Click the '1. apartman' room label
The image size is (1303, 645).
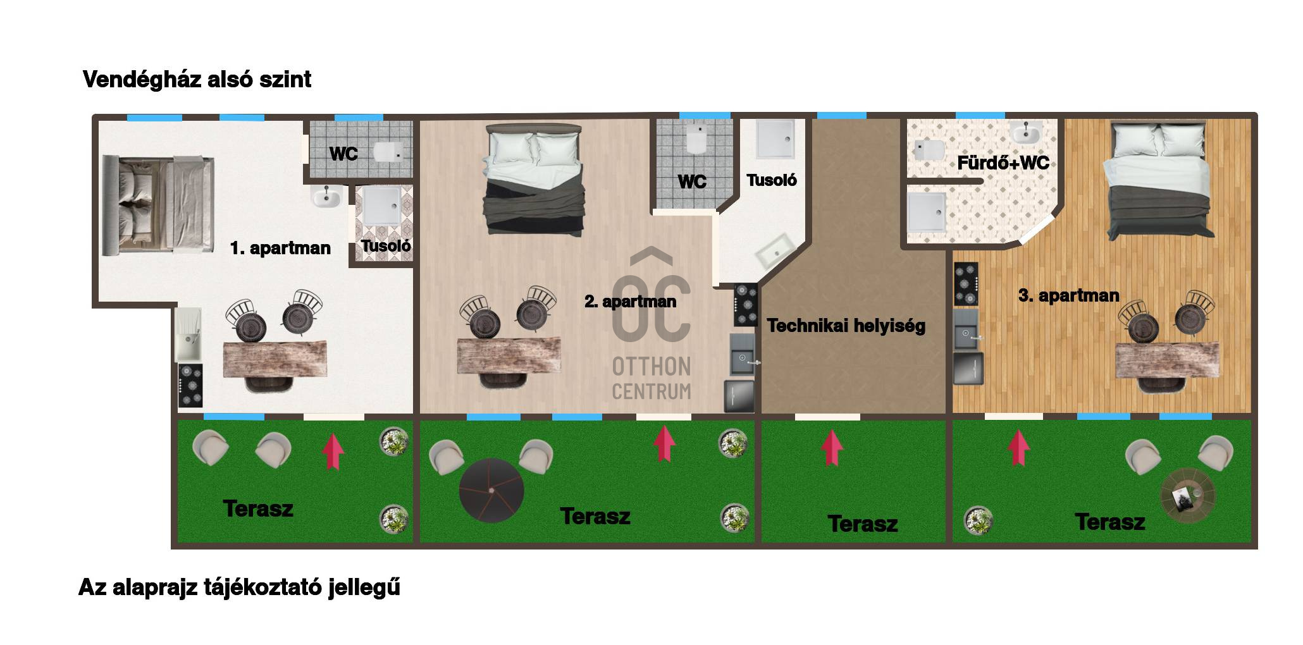(x=280, y=248)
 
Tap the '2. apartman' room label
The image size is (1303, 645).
(x=630, y=302)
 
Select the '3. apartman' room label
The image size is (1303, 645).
(x=1069, y=295)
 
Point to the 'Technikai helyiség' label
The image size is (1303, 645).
(x=846, y=326)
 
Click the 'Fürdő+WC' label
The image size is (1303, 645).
(x=1003, y=163)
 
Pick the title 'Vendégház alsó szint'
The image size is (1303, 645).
(x=197, y=80)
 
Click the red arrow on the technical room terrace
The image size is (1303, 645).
(x=832, y=448)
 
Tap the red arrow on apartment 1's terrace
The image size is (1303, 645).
(x=333, y=451)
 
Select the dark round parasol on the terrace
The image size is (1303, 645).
(x=491, y=490)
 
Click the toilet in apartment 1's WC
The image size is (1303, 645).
(x=388, y=152)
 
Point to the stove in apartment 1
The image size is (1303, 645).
(x=190, y=385)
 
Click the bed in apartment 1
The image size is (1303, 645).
(x=158, y=204)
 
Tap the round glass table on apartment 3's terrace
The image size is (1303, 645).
(x=1188, y=496)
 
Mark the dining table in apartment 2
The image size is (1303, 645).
(x=509, y=356)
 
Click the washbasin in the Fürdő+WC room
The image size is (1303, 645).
(x=1025, y=133)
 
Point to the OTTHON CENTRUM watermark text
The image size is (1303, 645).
(x=651, y=378)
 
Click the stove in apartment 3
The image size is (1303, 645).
(x=966, y=284)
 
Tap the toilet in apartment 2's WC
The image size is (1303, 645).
(x=696, y=138)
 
